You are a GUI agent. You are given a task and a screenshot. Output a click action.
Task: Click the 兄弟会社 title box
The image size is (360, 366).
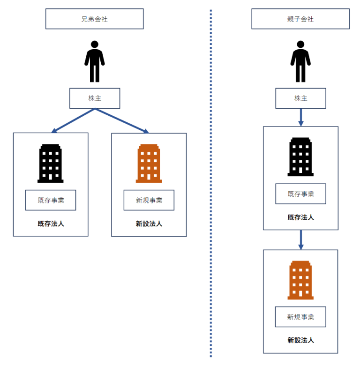tap(94, 19)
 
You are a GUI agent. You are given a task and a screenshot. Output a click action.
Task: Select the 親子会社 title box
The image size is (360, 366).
tap(300, 19)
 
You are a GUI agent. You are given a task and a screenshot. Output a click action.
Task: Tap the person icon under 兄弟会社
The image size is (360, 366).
tap(94, 61)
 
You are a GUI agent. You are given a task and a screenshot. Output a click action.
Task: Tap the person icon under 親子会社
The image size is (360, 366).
tap(300, 61)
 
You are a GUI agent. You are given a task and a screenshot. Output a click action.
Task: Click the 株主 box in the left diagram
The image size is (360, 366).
tap(94, 98)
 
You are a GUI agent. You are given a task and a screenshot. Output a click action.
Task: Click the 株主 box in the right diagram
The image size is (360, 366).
tap(300, 98)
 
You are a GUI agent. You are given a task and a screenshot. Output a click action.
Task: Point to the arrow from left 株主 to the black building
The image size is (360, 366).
tap(73, 121)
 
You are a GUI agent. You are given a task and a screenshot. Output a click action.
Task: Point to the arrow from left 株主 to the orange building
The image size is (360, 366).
tap(122, 121)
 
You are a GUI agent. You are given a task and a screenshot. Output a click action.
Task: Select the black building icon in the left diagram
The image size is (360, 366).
tap(50, 163)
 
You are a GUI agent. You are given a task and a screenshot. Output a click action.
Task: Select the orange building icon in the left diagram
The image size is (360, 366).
tap(149, 163)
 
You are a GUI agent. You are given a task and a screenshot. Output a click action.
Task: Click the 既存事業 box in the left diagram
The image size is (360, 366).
tap(50, 200)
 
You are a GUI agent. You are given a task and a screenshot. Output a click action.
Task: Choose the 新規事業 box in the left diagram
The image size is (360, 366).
tap(149, 200)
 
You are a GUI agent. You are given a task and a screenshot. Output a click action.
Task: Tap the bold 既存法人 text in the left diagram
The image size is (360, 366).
tap(50, 224)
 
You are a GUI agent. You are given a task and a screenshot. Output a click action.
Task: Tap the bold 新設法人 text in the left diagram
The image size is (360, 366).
tap(149, 224)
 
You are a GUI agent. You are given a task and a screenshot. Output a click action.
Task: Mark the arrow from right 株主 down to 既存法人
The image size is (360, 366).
tap(300, 117)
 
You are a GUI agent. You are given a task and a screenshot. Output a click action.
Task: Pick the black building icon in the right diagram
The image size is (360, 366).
tap(300, 157)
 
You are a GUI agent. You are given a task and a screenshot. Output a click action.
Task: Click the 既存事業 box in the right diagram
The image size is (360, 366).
tap(300, 194)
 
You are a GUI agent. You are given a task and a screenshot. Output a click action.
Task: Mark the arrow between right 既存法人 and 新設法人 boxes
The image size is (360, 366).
tap(300, 239)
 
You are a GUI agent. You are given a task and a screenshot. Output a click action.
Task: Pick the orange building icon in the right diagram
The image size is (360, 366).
tap(300, 280)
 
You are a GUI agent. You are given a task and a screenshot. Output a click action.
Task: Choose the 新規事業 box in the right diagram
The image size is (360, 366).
tap(300, 317)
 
